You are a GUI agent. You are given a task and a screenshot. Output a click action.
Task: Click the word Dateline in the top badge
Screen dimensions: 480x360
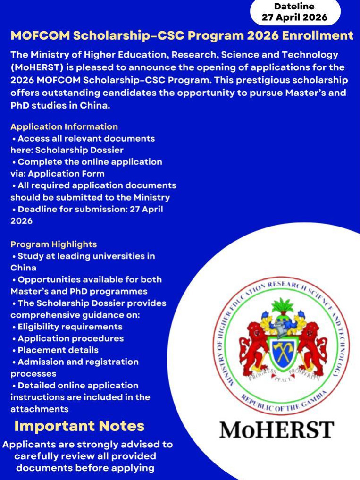pyautogui.click(x=294, y=6)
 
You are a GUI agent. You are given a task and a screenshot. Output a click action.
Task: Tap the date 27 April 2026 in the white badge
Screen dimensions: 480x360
pyautogui.click(x=294, y=18)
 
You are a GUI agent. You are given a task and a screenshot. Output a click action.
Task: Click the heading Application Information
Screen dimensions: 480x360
pyautogui.click(x=64, y=126)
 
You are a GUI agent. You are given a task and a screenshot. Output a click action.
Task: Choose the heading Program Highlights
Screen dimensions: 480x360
pyautogui.click(x=53, y=244)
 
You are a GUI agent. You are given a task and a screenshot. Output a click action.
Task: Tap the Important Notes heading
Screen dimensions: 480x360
pyautogui.click(x=79, y=426)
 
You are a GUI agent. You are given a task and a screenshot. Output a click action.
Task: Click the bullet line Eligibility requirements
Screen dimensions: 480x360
pyautogui.click(x=70, y=327)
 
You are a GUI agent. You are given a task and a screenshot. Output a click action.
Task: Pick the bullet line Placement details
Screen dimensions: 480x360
pyautogui.click(x=58, y=350)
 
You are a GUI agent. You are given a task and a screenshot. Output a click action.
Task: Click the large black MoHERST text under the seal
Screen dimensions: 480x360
pyautogui.click(x=276, y=430)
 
